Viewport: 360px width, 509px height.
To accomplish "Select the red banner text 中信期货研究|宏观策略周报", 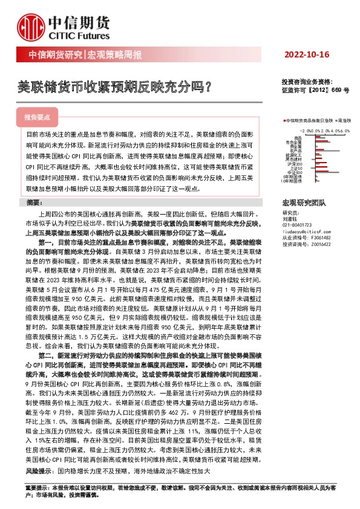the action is pos(86,56).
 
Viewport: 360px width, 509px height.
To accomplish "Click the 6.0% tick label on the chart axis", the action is pos(346,130).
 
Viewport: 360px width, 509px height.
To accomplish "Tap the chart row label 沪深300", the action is pos(296,163).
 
